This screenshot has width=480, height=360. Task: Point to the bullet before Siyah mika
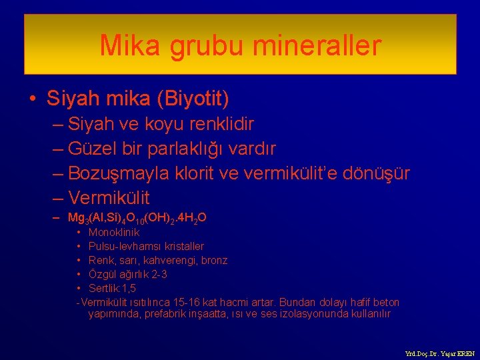point(33,99)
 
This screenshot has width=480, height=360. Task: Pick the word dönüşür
point(377,173)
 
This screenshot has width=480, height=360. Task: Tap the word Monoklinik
point(114,233)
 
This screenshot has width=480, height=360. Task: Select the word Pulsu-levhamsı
point(120,247)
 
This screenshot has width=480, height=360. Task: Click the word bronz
point(213,260)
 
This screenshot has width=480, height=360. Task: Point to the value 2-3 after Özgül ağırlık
point(157,274)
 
